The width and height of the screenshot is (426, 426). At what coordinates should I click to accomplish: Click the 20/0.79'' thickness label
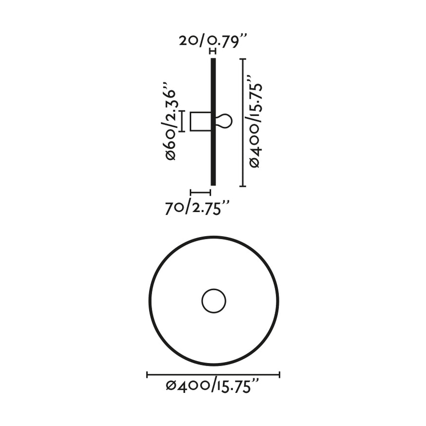click(x=213, y=40)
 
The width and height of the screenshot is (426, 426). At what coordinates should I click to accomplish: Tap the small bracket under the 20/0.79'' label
click(x=213, y=52)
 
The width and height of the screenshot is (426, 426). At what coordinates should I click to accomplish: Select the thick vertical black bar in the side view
click(x=213, y=149)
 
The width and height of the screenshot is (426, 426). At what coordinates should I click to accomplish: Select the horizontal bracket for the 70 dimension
click(x=201, y=192)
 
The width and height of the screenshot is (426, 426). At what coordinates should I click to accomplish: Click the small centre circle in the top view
click(x=214, y=301)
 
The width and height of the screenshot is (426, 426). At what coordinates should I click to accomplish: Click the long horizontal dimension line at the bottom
click(x=213, y=375)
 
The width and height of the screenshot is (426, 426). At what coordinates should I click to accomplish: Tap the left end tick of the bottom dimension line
click(x=148, y=375)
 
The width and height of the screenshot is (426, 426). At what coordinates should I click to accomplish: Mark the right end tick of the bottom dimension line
click(x=279, y=375)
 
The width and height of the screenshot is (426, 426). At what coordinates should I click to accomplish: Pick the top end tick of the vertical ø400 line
click(x=243, y=59)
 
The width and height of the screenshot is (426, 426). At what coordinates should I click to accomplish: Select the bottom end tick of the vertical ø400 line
click(x=243, y=186)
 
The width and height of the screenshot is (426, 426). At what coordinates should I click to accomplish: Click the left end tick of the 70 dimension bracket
click(x=191, y=192)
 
